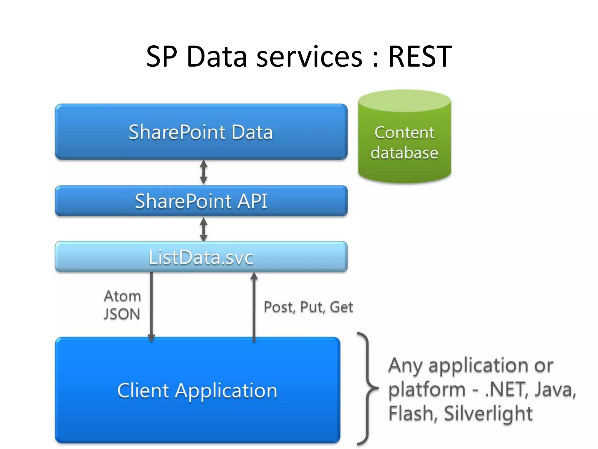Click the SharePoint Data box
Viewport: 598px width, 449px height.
click(201, 132)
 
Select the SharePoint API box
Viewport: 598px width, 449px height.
click(201, 201)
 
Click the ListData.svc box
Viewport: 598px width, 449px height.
click(201, 257)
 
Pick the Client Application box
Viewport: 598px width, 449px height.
click(197, 390)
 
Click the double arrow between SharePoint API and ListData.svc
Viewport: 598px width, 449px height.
click(204, 229)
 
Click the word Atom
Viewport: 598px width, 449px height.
click(122, 296)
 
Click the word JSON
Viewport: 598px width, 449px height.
click(122, 314)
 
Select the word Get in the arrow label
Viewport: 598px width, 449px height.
click(341, 307)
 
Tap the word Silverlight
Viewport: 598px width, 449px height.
click(488, 413)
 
